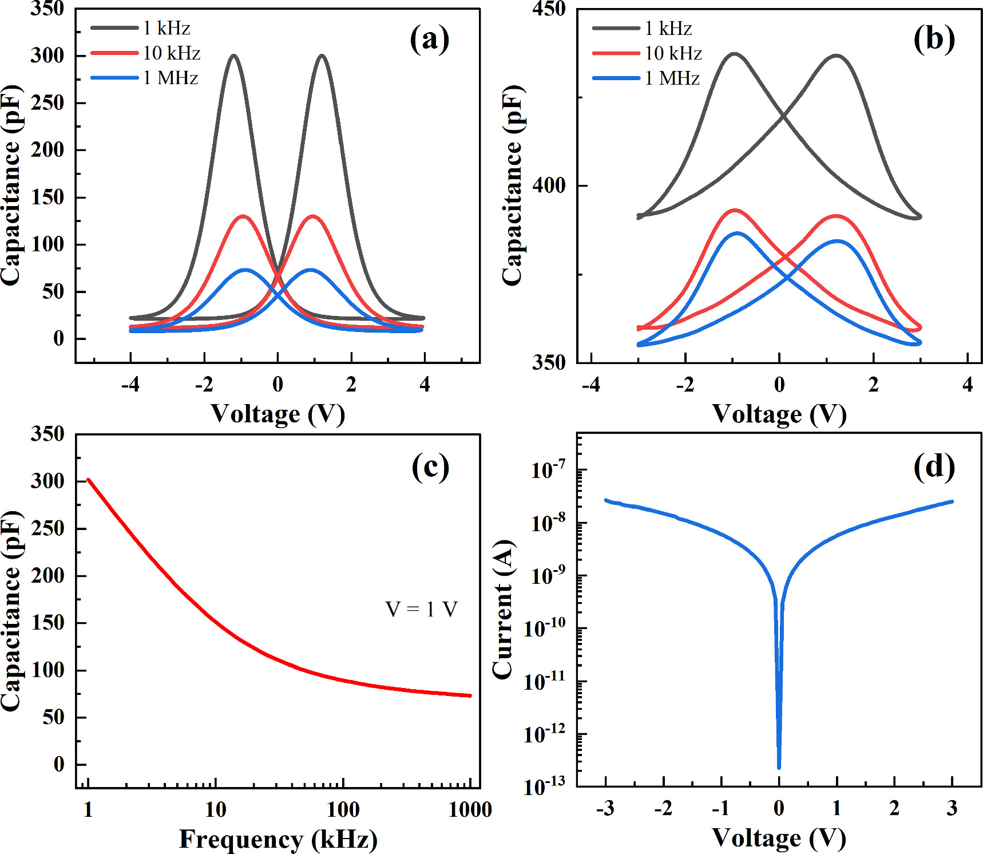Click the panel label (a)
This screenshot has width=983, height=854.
pos(429,39)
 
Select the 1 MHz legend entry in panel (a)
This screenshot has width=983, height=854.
pos(170,78)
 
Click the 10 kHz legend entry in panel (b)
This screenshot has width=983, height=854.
pos(673,53)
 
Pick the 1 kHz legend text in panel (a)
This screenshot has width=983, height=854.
pos(167,28)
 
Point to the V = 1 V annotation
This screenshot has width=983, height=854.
pos(421,609)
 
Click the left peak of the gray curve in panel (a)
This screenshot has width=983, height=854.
pos(233,56)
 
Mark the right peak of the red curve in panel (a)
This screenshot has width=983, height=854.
pos(312,216)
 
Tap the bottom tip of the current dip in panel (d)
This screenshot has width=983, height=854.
pos(779,767)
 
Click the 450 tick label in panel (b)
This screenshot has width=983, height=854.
pos(548,9)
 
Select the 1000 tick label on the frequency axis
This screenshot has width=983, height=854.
pos(470,809)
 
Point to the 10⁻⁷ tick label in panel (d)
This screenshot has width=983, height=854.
pos(548,469)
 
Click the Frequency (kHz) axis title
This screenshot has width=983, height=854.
pos(278,839)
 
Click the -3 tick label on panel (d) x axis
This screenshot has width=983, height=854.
pos(605,808)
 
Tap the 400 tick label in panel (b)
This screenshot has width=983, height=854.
pos(548,185)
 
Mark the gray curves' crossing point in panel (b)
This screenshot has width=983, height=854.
pos(783,117)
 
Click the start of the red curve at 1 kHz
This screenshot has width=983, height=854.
pos(88,480)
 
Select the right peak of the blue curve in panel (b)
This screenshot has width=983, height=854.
pos(838,241)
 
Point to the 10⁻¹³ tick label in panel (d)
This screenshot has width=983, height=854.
pos(544,787)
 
